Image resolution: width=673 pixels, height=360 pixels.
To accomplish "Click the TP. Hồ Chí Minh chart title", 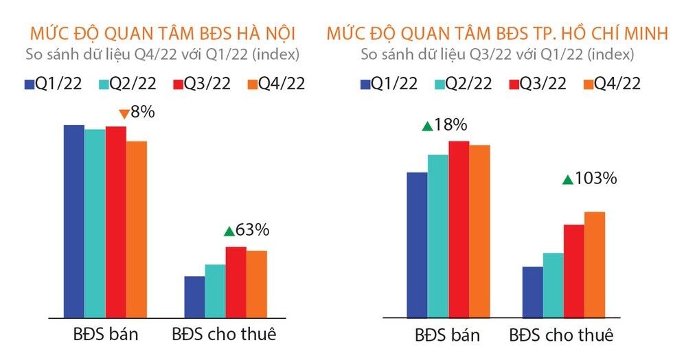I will click(x=497, y=33).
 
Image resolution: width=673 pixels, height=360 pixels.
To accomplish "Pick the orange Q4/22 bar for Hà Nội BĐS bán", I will click(x=136, y=229).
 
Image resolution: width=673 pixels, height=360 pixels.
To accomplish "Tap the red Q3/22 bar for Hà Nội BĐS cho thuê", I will click(x=236, y=282).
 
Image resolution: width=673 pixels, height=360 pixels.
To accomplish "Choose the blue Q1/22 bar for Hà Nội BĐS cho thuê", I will click(x=194, y=297).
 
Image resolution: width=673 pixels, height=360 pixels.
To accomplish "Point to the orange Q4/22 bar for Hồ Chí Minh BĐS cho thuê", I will click(x=594, y=265).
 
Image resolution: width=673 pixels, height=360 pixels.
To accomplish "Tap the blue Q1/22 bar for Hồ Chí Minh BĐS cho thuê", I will click(x=532, y=292).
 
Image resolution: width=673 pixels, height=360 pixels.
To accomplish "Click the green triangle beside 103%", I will click(x=567, y=180).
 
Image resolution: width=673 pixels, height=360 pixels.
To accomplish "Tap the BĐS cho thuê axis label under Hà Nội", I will click(x=223, y=335).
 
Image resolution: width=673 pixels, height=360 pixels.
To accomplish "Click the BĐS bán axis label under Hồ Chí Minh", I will click(x=447, y=335).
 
